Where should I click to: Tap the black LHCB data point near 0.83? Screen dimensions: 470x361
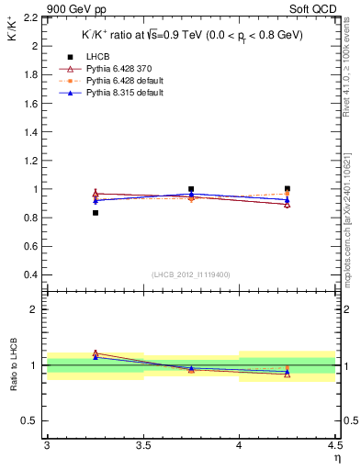pos(95,213)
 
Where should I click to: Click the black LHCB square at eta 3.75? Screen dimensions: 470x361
pos(191,189)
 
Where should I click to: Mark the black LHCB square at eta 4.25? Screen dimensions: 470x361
pos(288,189)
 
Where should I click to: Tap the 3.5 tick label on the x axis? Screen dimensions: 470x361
pos(142,446)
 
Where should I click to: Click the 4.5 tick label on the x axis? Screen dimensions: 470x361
pos(334,446)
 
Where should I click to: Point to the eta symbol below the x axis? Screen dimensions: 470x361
pos(336,458)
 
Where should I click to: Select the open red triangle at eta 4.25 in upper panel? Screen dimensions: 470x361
pos(288,204)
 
